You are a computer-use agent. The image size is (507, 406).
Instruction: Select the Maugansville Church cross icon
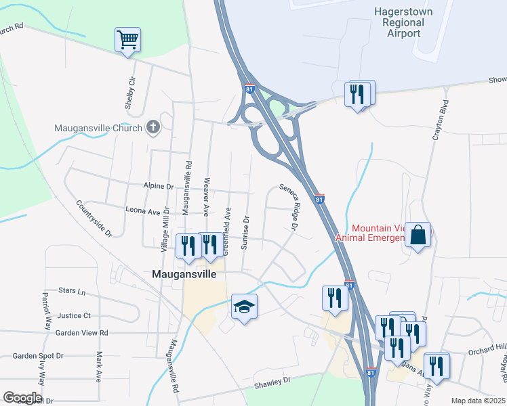[x=153, y=127]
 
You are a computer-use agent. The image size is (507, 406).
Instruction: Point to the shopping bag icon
[x=419, y=235]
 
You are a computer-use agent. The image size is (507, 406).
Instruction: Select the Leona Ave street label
[x=142, y=210]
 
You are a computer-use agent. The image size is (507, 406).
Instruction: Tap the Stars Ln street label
[x=73, y=292]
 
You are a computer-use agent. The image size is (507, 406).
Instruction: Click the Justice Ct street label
[x=74, y=315]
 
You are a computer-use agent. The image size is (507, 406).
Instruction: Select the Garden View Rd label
[x=82, y=333]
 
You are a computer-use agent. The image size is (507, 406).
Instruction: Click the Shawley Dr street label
[x=272, y=381]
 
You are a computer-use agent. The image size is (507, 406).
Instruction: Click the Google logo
[x=22, y=398]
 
